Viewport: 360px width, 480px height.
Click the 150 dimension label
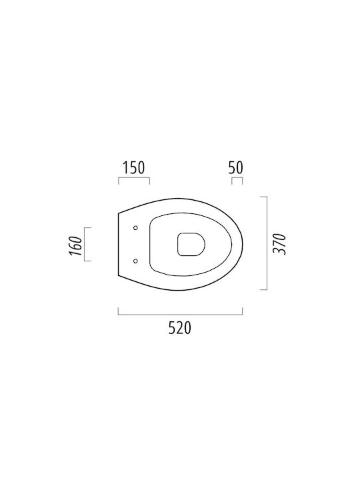(133, 167)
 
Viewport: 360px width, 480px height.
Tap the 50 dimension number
(236, 167)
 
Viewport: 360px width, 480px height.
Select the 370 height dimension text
(279, 244)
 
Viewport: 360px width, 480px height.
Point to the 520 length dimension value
(180, 328)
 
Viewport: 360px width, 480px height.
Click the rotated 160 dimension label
(76, 246)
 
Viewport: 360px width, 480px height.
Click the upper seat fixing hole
(135, 228)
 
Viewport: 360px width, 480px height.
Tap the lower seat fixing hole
(135, 261)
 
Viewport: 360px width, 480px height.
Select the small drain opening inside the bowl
(191, 244)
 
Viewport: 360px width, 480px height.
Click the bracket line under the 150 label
(134, 177)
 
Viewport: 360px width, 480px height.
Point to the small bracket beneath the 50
(237, 177)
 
